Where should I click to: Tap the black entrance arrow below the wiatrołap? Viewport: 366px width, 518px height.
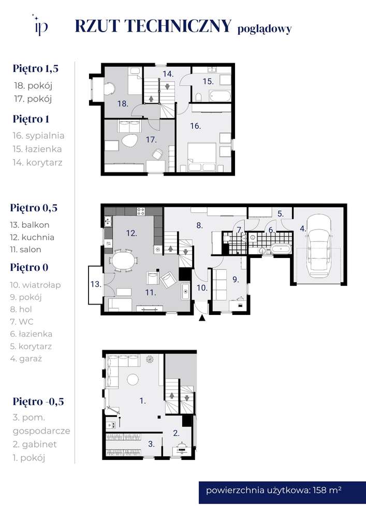click(x=202, y=318)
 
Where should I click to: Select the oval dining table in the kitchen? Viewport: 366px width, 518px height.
click(x=123, y=261)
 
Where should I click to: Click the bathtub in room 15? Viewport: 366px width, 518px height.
click(x=220, y=96)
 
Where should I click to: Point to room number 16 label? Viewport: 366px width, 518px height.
click(x=195, y=126)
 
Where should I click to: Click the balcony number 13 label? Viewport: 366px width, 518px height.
click(x=96, y=284)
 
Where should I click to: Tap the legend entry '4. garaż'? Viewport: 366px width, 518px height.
click(x=26, y=358)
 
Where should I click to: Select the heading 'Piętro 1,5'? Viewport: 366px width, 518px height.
click(x=36, y=69)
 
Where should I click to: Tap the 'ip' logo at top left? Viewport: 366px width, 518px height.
click(x=41, y=25)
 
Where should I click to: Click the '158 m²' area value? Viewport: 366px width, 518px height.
click(x=327, y=490)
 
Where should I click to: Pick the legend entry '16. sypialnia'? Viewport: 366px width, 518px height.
click(x=39, y=135)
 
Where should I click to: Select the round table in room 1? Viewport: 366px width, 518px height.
click(x=133, y=379)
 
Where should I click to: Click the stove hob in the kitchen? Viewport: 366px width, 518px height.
click(x=141, y=211)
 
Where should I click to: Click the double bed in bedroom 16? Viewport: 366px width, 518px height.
click(x=202, y=157)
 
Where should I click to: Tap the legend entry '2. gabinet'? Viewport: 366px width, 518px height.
click(x=35, y=444)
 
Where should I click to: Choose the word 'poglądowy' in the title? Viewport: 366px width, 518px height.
click(x=265, y=30)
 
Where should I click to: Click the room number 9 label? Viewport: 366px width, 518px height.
click(x=236, y=280)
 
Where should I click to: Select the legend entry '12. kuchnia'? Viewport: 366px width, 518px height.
click(x=32, y=237)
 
